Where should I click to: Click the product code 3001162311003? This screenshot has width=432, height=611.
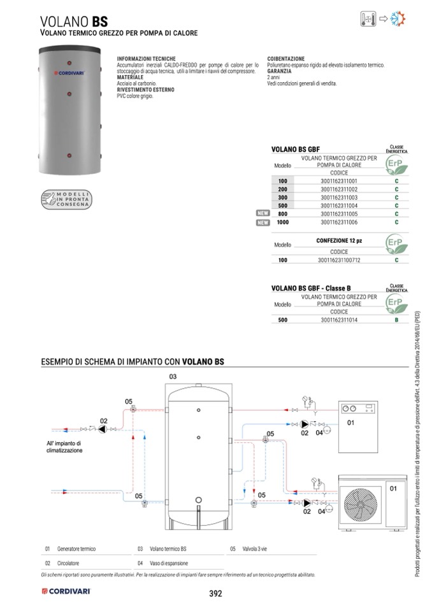(x=339, y=198)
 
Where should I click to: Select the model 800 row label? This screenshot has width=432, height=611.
(x=283, y=214)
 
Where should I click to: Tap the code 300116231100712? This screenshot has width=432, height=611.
(x=339, y=260)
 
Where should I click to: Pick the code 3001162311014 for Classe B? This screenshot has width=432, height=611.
(x=339, y=320)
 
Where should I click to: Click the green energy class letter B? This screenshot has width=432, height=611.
(x=396, y=320)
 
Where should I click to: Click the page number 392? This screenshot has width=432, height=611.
(x=215, y=594)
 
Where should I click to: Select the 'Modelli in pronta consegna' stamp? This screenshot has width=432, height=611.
(x=67, y=198)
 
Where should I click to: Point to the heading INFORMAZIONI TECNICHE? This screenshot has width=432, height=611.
(x=141, y=59)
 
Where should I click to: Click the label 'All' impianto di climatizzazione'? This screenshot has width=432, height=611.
(x=64, y=447)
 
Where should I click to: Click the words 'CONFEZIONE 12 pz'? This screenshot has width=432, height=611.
(x=339, y=241)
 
